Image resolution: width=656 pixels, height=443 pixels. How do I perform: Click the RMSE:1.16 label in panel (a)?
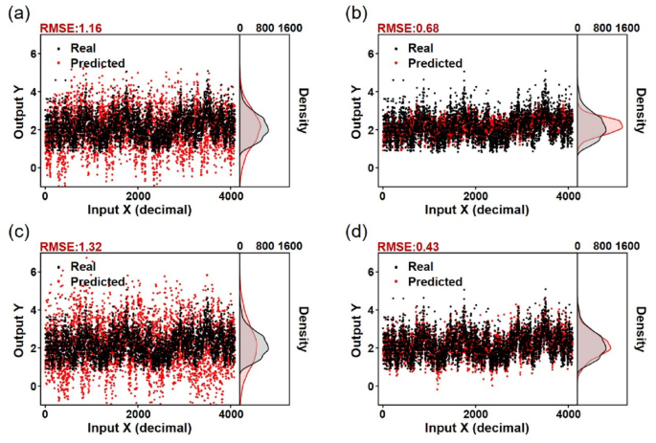69,29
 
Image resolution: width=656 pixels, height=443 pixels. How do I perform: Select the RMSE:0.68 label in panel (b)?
407,29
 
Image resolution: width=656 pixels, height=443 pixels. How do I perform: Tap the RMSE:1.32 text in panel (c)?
69,246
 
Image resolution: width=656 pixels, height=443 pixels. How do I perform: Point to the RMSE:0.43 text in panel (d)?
407,246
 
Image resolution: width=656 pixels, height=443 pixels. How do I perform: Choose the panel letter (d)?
354,230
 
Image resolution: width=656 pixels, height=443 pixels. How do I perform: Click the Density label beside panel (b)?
642,110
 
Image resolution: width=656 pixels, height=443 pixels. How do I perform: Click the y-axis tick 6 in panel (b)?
372,54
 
